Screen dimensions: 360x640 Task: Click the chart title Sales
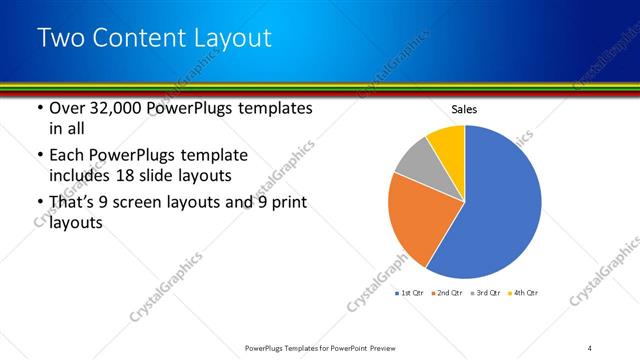pyautogui.click(x=464, y=107)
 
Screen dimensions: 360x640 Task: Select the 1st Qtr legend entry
pyautogui.click(x=410, y=292)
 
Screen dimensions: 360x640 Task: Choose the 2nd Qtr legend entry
pyautogui.click(x=446, y=292)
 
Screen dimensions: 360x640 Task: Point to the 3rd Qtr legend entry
pyautogui.click(x=486, y=292)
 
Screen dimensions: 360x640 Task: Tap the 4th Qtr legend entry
pyautogui.click(x=524, y=292)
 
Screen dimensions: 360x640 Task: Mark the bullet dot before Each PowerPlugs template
pyautogui.click(x=38, y=155)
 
